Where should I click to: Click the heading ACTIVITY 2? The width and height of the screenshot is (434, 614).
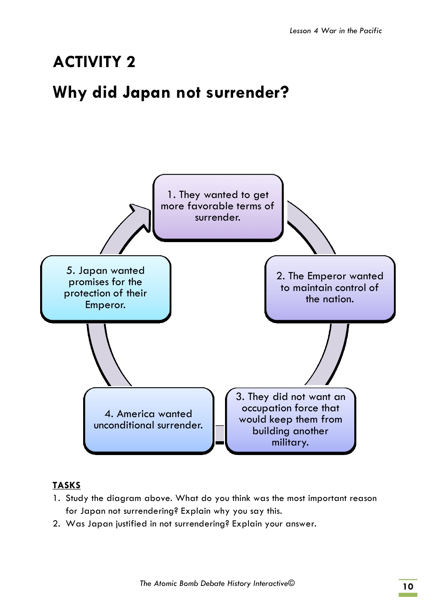click(x=94, y=62)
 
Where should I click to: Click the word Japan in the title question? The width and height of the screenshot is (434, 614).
click(x=146, y=93)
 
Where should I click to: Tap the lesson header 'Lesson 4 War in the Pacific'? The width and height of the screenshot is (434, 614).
click(x=336, y=31)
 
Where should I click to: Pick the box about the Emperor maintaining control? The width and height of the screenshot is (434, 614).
click(x=330, y=288)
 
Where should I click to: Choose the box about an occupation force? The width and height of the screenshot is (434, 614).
click(x=290, y=420)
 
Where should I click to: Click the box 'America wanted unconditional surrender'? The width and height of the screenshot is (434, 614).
click(x=148, y=420)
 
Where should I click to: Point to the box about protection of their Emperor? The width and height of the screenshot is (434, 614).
click(x=105, y=288)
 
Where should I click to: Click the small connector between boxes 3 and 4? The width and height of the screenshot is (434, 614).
click(x=220, y=434)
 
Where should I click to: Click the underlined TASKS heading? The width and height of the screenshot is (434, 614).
click(x=66, y=485)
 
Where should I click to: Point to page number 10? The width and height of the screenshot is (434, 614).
click(x=408, y=587)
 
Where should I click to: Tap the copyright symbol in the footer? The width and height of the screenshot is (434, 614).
click(x=291, y=583)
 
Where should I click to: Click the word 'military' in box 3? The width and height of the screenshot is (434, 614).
click(x=290, y=443)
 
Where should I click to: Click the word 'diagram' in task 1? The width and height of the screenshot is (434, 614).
click(x=124, y=498)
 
